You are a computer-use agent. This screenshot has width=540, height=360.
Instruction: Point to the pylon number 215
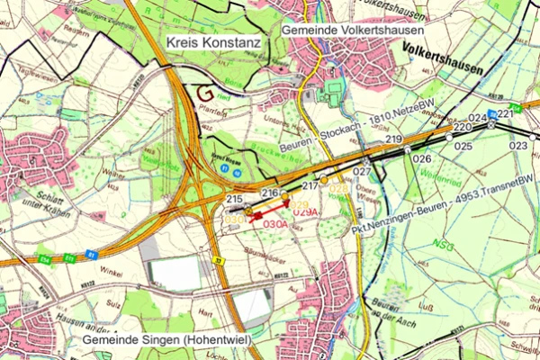click(x=235, y=199)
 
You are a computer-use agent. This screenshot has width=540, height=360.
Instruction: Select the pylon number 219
click(x=393, y=140)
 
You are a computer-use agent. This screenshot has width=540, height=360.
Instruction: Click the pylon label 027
click(x=362, y=171)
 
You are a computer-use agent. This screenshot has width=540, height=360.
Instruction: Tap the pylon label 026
click(x=422, y=158)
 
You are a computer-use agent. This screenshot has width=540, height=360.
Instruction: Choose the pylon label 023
click(x=518, y=145)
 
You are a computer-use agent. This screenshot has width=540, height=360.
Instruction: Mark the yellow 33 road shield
click(x=219, y=261)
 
